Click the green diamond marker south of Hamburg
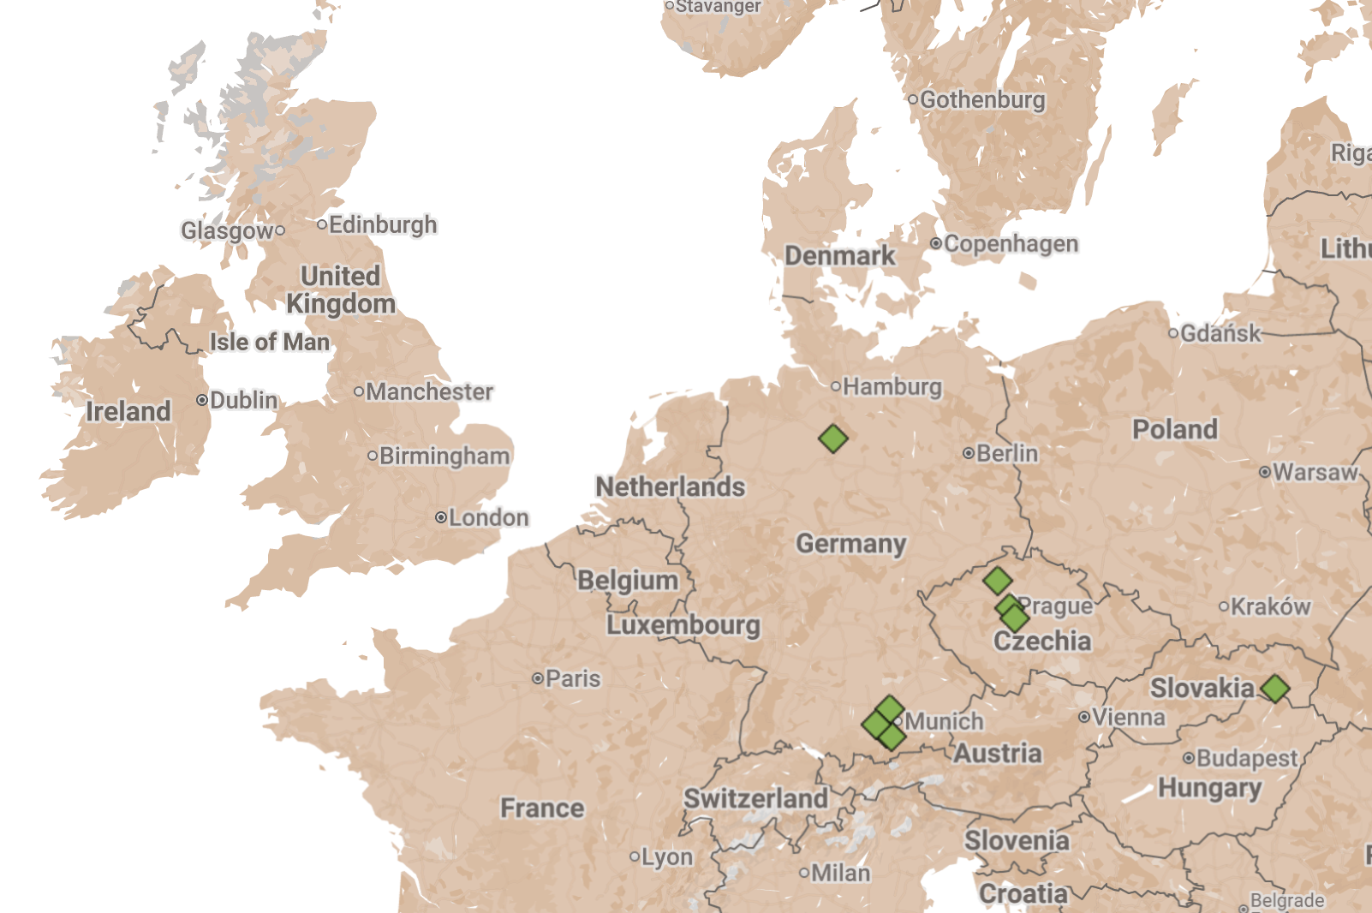coord(832,439)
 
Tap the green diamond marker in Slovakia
coord(1274,688)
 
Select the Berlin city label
coord(1006,453)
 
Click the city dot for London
coord(440,517)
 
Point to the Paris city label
coord(573,678)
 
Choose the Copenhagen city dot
coord(936,244)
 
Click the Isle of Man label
coord(270,342)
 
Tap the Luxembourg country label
coord(683,624)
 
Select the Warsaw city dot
coord(1264,472)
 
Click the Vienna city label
coord(1128,717)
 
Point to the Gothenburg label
coord(982,100)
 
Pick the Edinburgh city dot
coord(322,224)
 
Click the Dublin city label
coord(243,400)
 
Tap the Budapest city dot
coord(1188,758)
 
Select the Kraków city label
coord(1270,606)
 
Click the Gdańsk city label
coord(1220,333)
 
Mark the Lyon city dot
coord(635,856)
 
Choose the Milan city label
coord(840,873)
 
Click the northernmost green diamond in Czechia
coord(997,581)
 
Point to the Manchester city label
coord(429,391)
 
